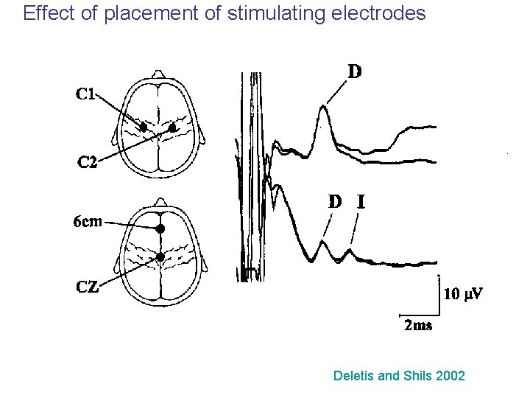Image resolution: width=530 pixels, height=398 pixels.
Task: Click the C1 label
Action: tap(85, 94)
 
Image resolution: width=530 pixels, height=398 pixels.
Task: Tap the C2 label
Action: tap(87, 162)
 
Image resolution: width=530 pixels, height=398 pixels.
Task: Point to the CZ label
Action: tap(88, 287)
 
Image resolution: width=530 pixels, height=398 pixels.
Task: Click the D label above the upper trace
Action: tap(355, 71)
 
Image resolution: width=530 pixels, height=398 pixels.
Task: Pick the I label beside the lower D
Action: tap(361, 201)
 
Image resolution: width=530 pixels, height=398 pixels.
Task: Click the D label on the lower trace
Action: tap(335, 201)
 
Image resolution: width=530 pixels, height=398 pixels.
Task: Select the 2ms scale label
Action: tap(418, 325)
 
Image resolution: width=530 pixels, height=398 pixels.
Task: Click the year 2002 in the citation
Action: tap(450, 376)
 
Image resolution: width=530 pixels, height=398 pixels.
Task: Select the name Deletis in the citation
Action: tap(353, 376)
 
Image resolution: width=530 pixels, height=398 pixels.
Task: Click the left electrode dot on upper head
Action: tap(144, 128)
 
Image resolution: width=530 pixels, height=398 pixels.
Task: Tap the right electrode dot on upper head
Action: tap(172, 128)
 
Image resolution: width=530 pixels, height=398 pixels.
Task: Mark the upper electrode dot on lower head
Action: tap(160, 229)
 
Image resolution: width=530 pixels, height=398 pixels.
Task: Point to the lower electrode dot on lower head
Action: tap(160, 256)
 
